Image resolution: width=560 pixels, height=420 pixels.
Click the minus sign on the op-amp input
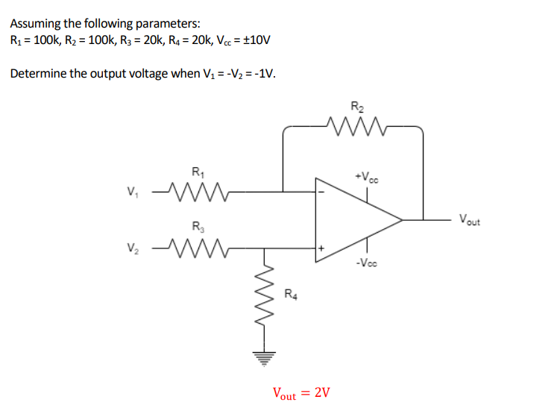(322, 191)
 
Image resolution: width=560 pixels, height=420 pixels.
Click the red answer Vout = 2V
(301, 392)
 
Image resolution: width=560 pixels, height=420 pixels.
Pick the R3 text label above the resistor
(196, 226)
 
